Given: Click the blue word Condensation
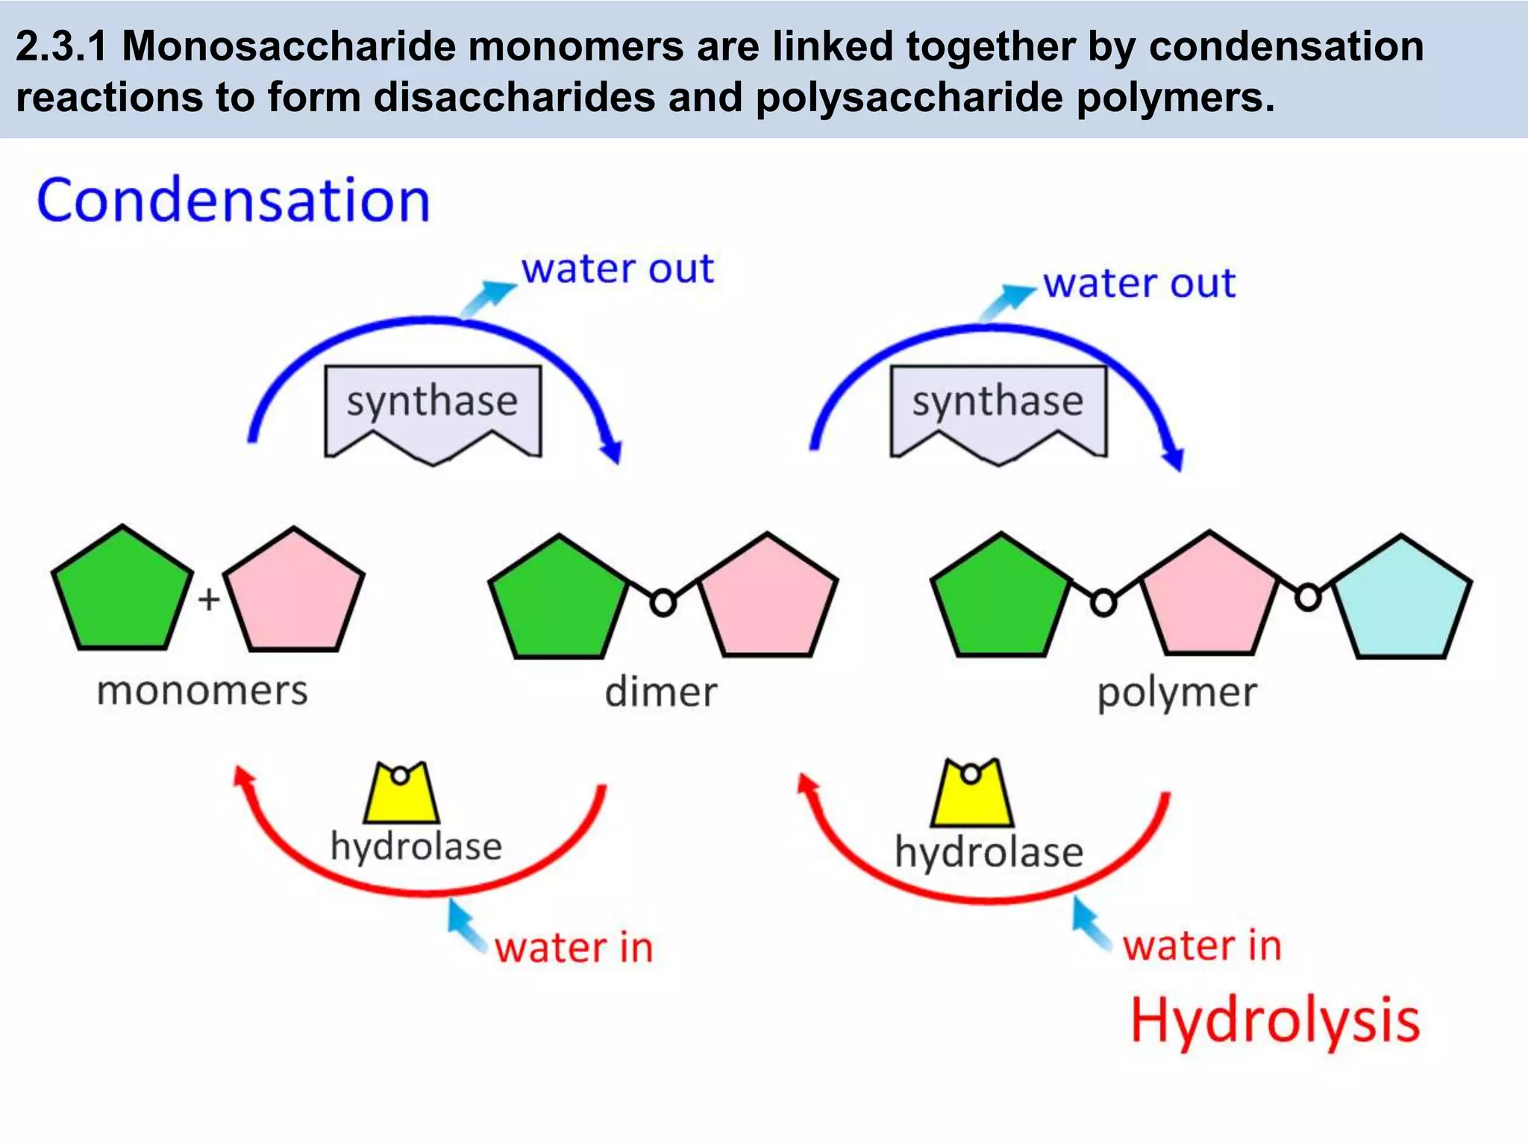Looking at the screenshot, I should (x=234, y=201).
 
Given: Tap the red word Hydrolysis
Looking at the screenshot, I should (x=1275, y=1020).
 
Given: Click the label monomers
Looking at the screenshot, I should (x=202, y=691).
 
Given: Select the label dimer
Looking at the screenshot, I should (x=661, y=692).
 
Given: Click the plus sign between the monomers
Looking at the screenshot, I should (x=209, y=599).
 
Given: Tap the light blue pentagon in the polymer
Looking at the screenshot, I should (x=1401, y=601).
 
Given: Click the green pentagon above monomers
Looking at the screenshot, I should (x=122, y=592).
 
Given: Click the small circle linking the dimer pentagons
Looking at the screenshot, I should (x=663, y=602).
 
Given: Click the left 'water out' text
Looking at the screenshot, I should (x=617, y=269).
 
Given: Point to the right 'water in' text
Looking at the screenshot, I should (x=1202, y=945).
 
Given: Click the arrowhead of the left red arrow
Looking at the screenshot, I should (x=242, y=776).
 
